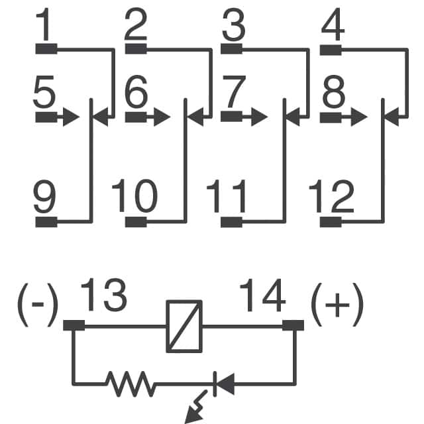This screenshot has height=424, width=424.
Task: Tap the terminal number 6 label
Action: coord(136,93)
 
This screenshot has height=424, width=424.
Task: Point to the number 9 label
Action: coord(44,197)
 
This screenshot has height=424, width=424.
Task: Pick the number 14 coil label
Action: coord(263,295)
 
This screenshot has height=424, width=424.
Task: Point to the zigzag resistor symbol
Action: coord(130,382)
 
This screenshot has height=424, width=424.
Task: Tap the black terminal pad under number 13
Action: coord(74,325)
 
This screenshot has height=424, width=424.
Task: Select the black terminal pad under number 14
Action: coord(293,325)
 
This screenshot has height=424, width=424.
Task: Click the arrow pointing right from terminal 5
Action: coord(57,118)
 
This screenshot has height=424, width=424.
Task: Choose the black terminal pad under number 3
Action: coord(231,48)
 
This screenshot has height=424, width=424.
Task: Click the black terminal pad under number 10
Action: coord(136,221)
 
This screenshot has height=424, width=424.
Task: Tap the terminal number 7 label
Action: coord(234,93)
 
